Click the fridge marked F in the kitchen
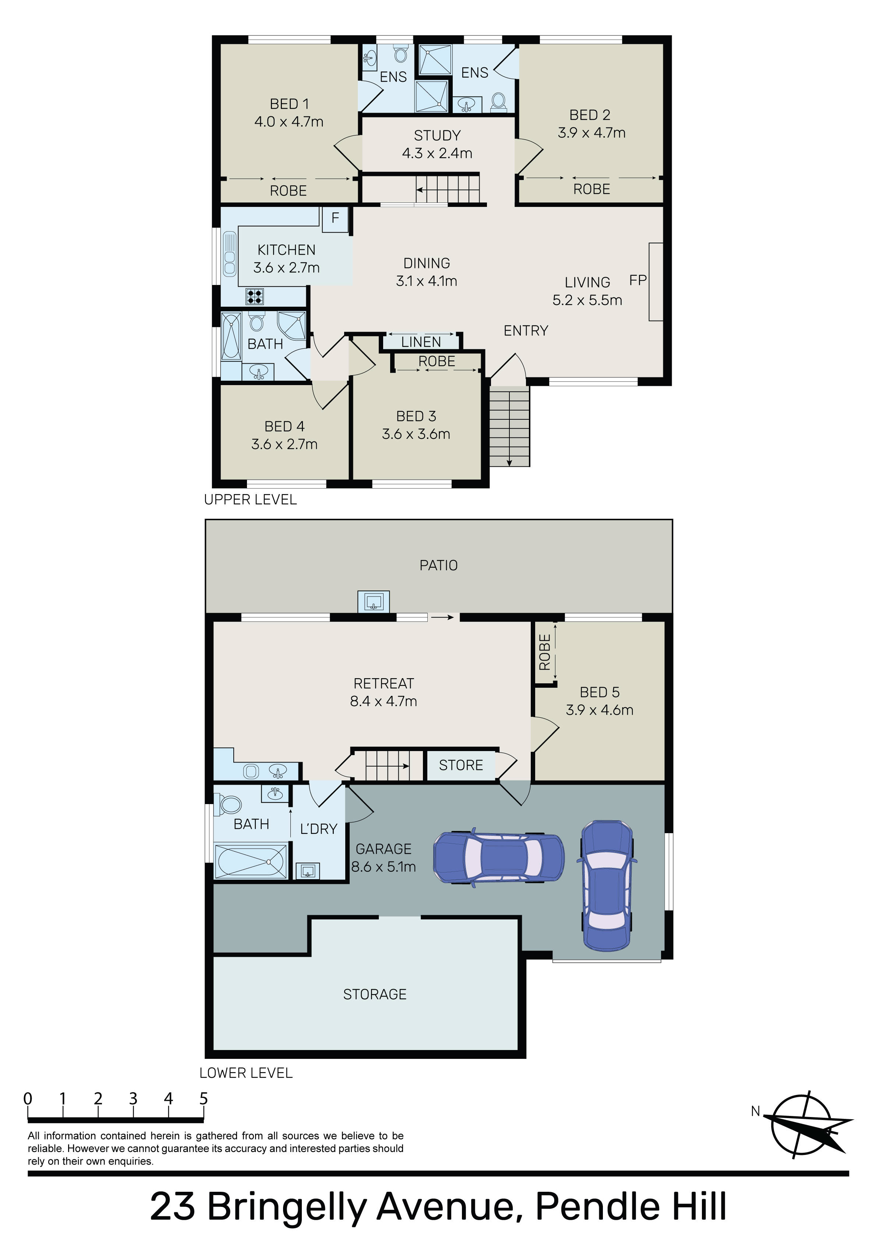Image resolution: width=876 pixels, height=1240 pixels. pos(335,219)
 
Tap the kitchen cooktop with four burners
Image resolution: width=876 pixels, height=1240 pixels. pos(255,296)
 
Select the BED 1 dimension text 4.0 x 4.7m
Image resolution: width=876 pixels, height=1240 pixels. pos(289,121)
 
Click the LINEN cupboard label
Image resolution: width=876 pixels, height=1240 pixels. pos(421,342)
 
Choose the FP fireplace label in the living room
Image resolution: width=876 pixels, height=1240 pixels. pos(638,280)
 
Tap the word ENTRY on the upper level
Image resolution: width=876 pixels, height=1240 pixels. pos(526,331)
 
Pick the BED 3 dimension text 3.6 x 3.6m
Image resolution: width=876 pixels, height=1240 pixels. pos(416,434)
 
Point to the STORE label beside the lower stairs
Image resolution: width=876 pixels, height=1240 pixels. pos(461,765)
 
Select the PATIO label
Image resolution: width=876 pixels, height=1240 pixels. pos(438,566)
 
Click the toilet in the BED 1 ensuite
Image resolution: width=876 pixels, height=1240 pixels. pos(400,53)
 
